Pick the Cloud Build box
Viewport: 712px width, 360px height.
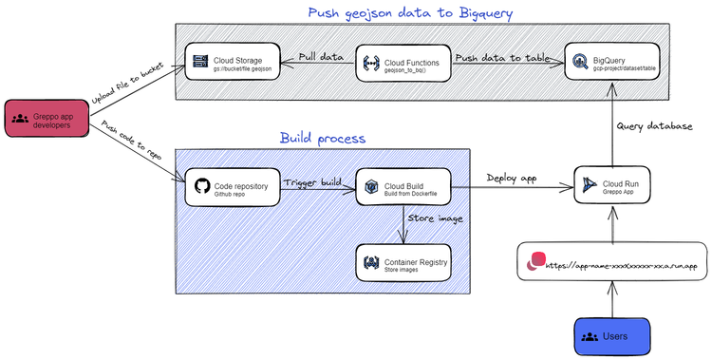click(x=403, y=189)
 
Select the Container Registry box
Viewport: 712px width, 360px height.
click(x=403, y=262)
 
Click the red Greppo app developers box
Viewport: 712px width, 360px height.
click(x=45, y=121)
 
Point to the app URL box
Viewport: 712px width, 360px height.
click(x=613, y=261)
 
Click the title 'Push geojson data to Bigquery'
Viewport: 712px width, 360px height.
click(x=410, y=13)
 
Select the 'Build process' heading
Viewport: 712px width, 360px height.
click(x=322, y=138)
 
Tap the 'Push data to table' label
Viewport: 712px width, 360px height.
click(x=501, y=57)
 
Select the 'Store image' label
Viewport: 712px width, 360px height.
click(x=435, y=219)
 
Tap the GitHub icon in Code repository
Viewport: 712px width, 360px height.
click(x=200, y=187)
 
